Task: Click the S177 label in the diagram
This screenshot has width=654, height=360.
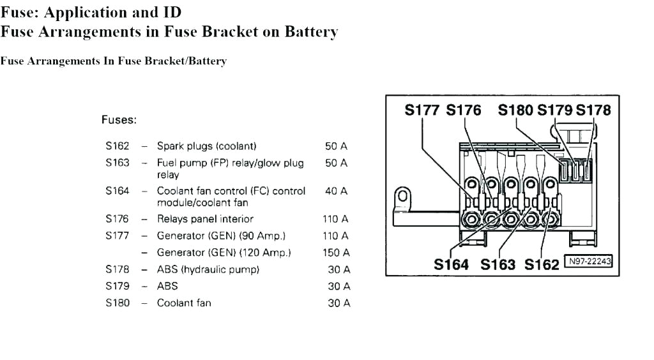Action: [422, 110]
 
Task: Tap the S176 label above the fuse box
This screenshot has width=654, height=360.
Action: [464, 110]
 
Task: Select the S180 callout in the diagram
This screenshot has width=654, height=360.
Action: [516, 110]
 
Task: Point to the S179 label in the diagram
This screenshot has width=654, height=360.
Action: [554, 110]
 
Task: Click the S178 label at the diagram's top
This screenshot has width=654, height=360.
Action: [593, 110]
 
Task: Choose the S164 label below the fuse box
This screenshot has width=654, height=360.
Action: [452, 264]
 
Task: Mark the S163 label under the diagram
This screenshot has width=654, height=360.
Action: [498, 264]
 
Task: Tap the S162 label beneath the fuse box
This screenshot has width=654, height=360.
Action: [542, 264]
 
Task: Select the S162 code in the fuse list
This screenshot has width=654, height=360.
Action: [118, 146]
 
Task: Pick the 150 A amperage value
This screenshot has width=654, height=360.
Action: [336, 253]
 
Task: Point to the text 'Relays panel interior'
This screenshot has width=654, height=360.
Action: [205, 219]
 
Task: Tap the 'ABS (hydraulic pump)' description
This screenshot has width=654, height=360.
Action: [208, 269]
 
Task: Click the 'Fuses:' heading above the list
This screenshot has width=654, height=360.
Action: [119, 119]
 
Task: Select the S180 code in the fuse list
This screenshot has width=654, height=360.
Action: [118, 303]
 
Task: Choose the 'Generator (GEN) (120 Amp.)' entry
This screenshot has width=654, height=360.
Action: [224, 253]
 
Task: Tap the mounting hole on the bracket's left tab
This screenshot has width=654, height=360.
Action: [402, 196]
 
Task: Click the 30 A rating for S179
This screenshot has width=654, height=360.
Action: [338, 287]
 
